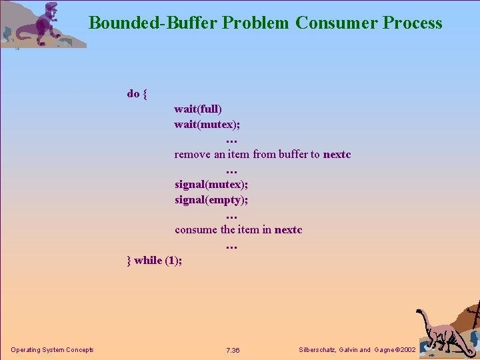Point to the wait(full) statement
coord(198,109)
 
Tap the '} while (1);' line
coord(154,260)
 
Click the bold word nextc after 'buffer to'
coord(337,155)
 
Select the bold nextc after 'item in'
coord(288,230)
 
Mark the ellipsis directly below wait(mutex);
coord(231,140)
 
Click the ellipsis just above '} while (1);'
coord(231,246)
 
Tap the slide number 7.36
coord(233,351)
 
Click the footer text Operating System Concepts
coord(52,350)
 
